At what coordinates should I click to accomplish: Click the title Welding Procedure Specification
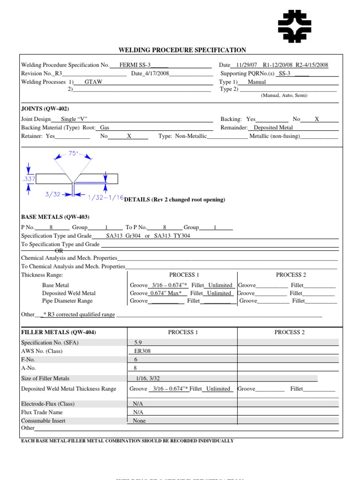[182, 50]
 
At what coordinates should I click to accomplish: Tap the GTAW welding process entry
[93, 82]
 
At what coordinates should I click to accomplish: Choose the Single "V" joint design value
[75, 119]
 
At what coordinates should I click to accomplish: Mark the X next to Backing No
[317, 119]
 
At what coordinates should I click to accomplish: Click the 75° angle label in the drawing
[73, 153]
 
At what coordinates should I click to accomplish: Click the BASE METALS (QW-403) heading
[55, 217]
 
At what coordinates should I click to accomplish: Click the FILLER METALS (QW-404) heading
[59, 332]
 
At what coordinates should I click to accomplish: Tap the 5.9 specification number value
[138, 342]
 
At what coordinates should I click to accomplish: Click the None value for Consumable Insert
[139, 420]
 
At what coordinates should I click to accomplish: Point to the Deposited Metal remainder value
[273, 127]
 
